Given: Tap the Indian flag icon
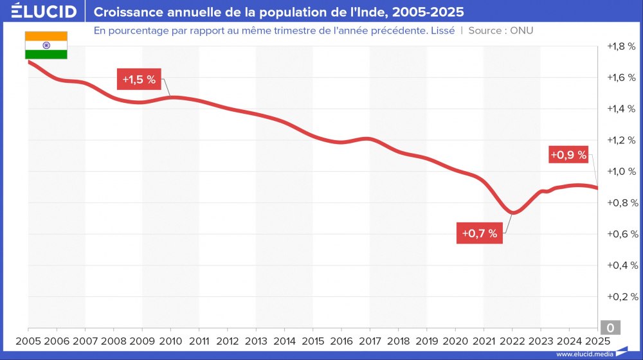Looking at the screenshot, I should pos(46,45).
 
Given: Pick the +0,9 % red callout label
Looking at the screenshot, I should pos(569,155).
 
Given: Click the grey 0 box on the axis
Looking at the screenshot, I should pos(610,328).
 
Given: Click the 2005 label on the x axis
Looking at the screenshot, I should pos(28,341).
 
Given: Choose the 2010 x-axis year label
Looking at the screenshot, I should pos(170,341).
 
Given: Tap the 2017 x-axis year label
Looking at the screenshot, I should pos(370,341).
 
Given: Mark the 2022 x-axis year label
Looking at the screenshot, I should pos(512,341).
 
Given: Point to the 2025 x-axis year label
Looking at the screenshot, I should pos(597,341).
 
